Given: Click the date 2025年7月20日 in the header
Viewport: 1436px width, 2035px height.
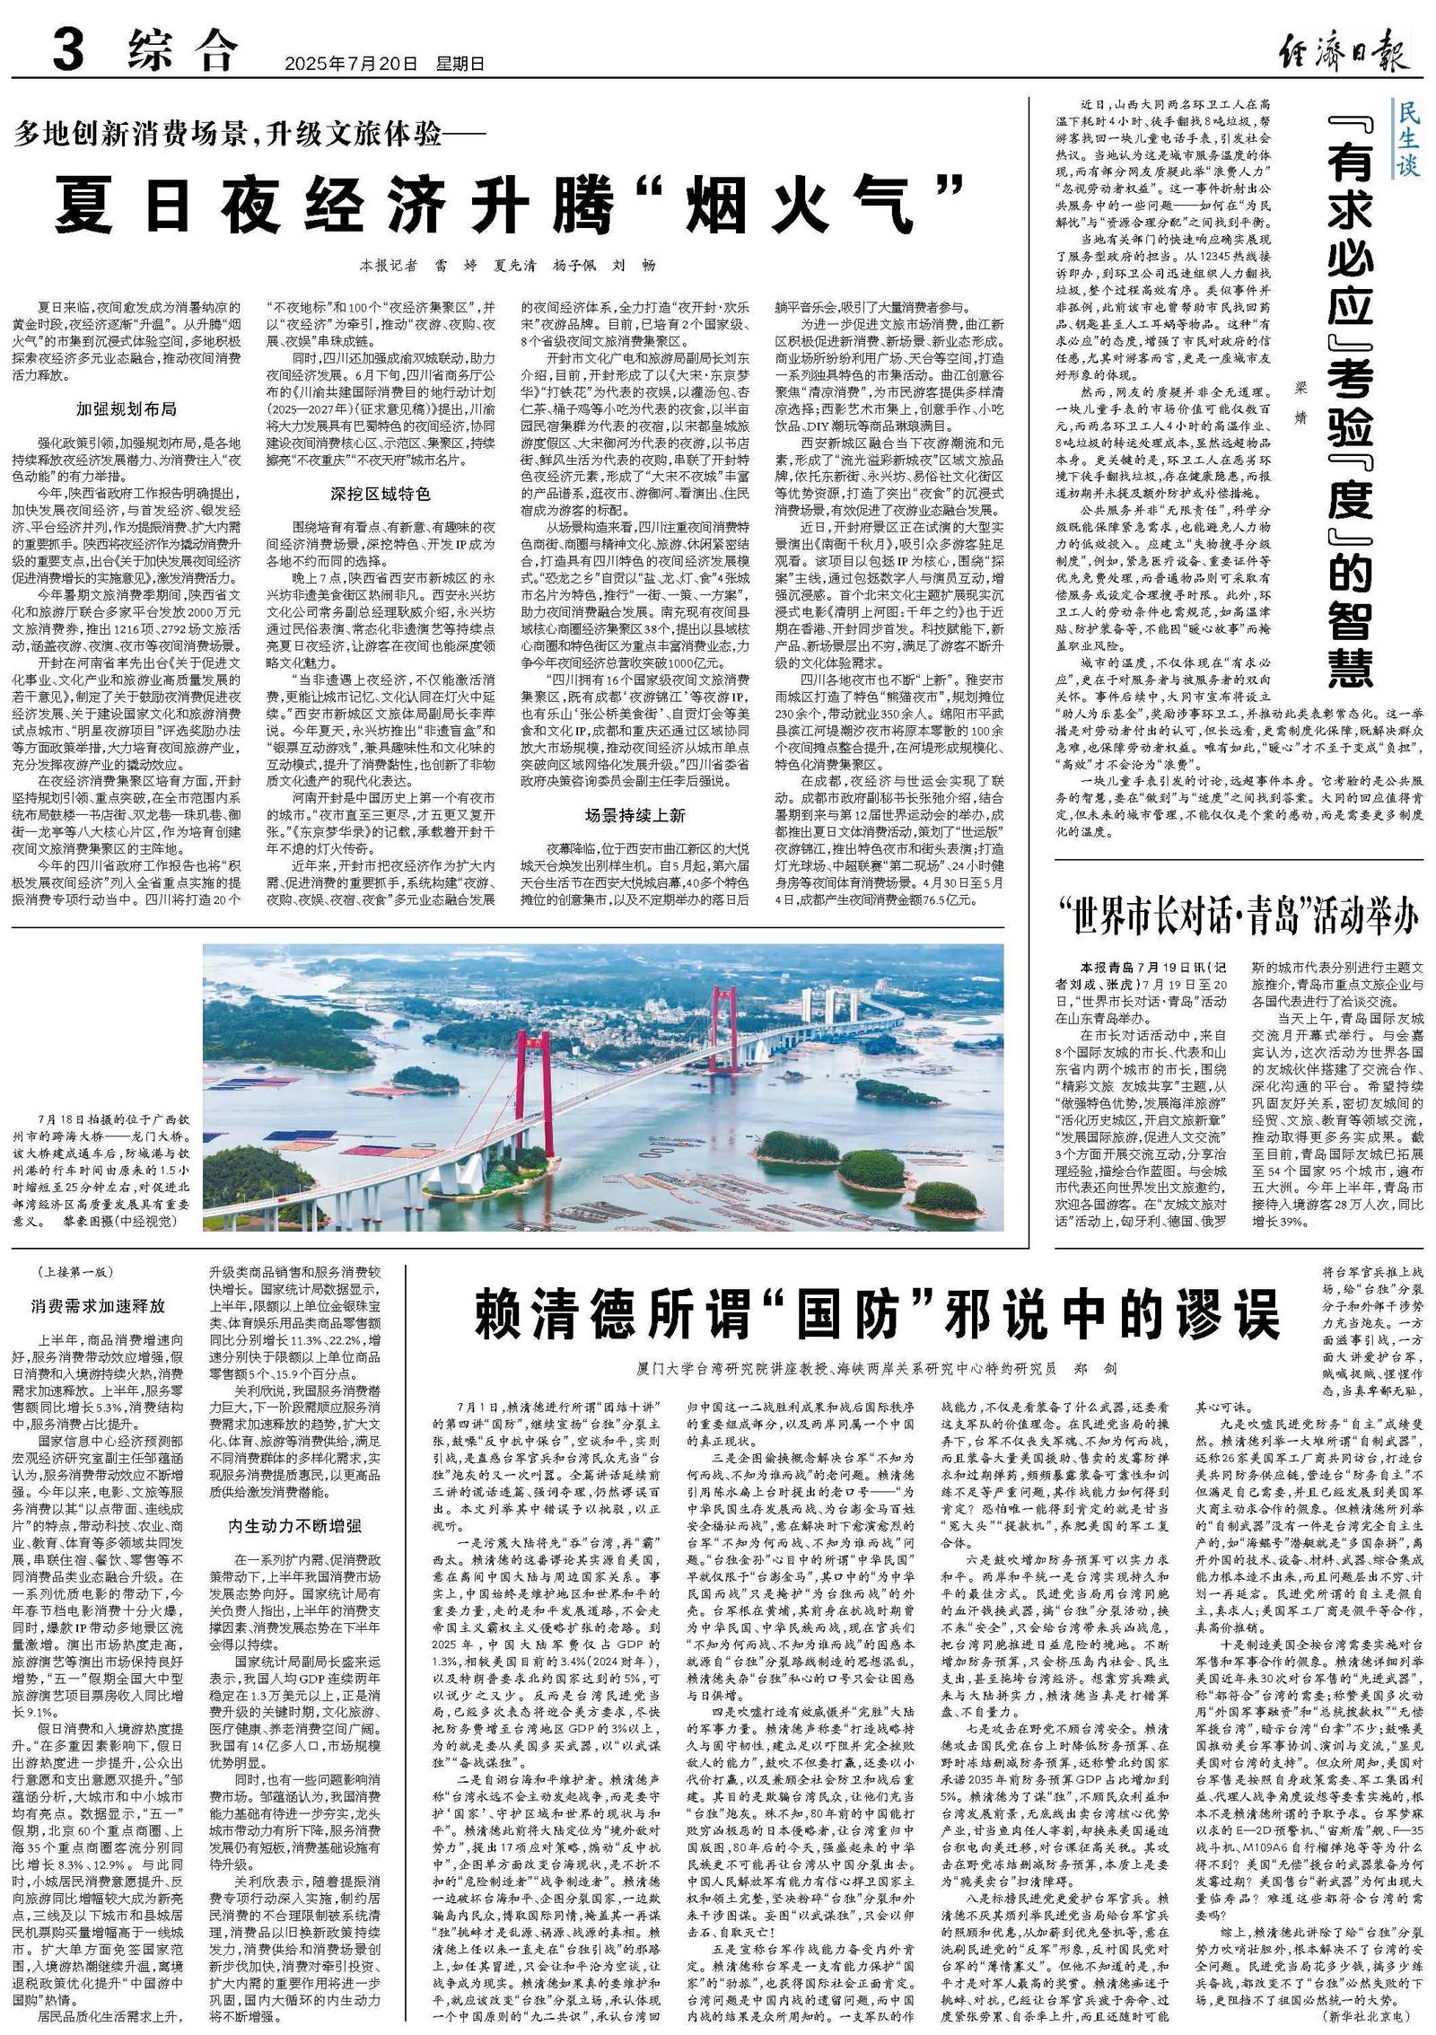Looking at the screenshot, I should coord(351,64).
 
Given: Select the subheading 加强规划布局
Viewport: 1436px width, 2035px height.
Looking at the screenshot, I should coord(127,408).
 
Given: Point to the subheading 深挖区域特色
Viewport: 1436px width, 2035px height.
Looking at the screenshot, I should coord(380,494).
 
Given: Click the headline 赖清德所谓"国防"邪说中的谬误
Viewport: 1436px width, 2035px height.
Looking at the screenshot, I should coord(877,1316).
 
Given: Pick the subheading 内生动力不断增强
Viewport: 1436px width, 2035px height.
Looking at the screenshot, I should coord(295,1525).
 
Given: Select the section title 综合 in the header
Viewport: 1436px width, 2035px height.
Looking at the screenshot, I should coord(182,51).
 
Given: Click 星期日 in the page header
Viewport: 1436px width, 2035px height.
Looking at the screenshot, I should coord(460,64).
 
